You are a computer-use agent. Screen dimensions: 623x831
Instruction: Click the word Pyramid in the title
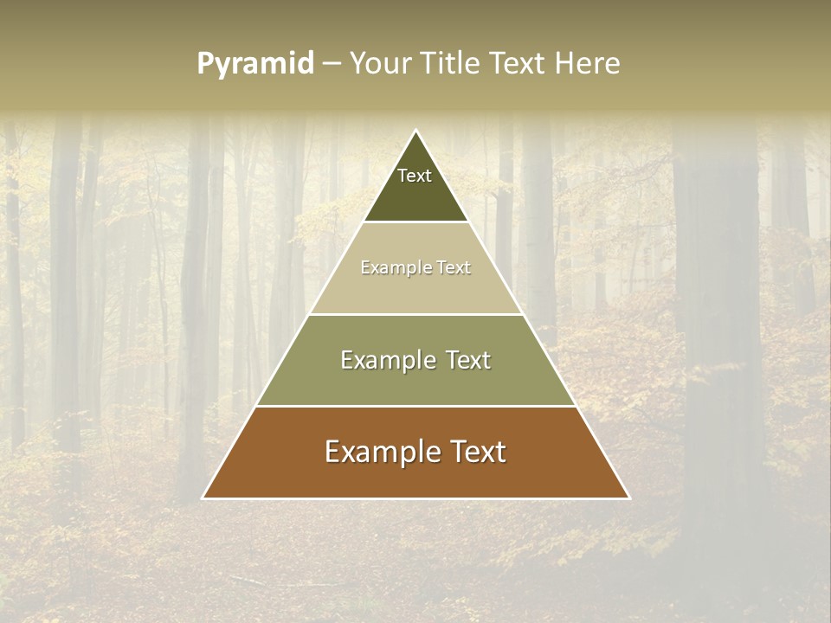(254, 64)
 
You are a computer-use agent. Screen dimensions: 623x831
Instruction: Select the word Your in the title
(381, 63)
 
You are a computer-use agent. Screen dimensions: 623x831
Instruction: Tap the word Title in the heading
(453, 63)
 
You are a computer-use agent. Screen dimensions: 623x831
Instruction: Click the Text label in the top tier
(415, 176)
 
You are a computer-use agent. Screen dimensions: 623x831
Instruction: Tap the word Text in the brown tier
(477, 452)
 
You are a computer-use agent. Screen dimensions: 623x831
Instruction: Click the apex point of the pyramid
(416, 131)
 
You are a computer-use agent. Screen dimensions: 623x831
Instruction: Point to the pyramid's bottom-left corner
(203, 498)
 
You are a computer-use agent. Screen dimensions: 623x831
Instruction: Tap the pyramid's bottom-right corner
(629, 498)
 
